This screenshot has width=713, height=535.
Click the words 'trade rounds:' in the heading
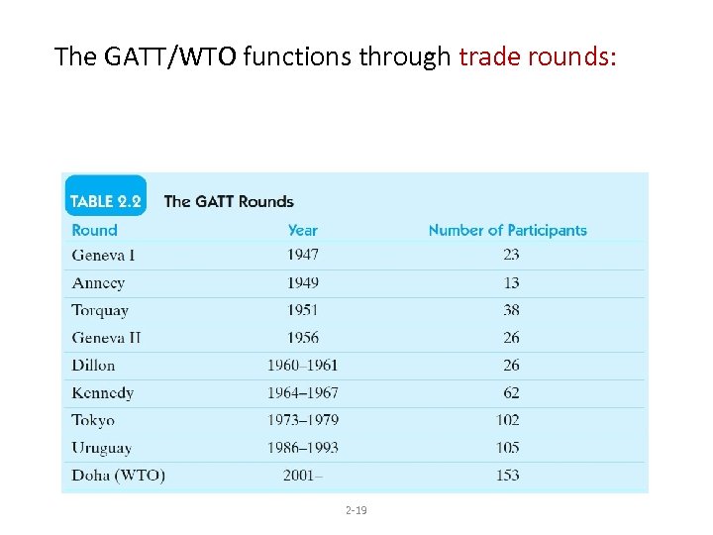coord(538,56)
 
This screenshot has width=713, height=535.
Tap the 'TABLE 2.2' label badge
coord(105,201)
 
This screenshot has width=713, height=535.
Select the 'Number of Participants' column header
coord(507,230)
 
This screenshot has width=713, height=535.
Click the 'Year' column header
coord(303,230)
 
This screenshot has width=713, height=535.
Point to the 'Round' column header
coord(94,230)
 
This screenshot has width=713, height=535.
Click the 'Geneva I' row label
coord(103,255)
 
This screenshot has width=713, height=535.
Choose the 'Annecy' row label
coord(98,282)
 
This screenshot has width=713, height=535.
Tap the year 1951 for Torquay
coord(303,310)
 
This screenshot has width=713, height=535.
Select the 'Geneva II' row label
coord(106,338)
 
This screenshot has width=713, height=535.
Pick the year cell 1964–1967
coord(303,392)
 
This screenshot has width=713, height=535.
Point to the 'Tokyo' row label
coord(93,420)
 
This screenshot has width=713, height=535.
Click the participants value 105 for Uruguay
coord(508,447)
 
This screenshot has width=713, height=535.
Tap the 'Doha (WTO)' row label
coord(118,475)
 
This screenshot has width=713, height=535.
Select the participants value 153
coord(508,475)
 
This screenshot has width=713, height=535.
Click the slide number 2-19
coord(356,510)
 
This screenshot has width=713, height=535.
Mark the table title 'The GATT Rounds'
coord(229,201)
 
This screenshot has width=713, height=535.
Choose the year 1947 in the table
coord(303,255)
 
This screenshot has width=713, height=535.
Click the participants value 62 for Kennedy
coord(511,392)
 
